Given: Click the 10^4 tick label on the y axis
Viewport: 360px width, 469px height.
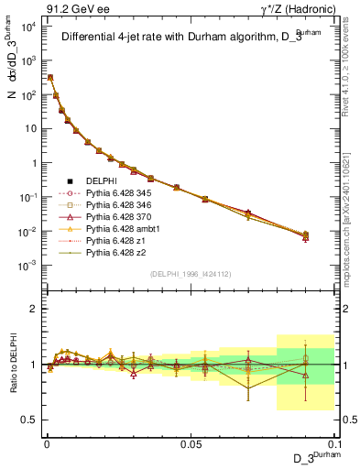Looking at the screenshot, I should click(27, 27).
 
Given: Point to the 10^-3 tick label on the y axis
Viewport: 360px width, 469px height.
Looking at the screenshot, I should click(27, 265).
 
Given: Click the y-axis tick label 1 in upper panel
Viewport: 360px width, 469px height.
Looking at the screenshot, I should click(33, 163).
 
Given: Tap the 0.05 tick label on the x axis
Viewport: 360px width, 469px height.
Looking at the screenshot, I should click(190, 442).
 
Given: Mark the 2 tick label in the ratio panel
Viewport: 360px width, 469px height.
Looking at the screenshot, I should click(33, 309).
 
